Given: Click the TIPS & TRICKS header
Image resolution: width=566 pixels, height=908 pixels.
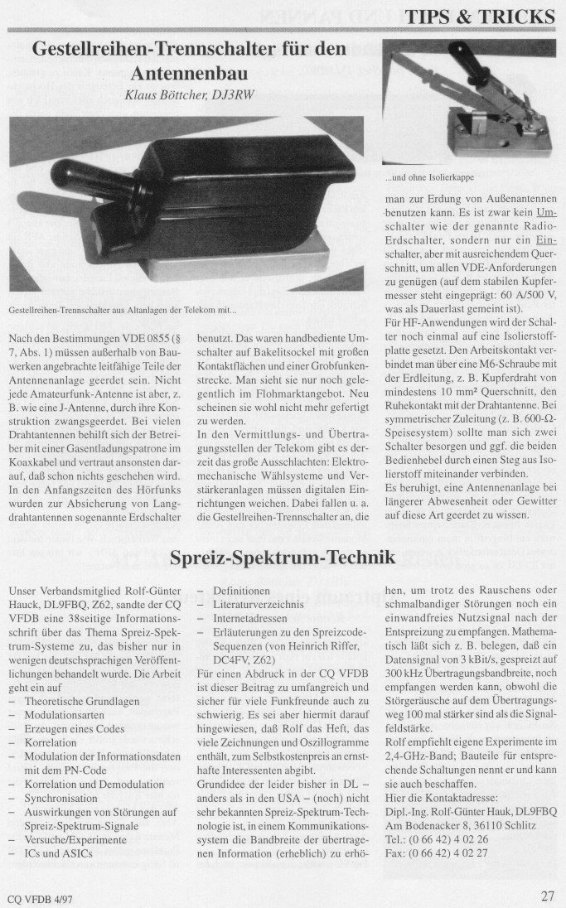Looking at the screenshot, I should coord(491,17).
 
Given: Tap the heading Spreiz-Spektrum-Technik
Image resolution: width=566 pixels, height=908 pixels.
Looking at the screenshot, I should coord(282,558).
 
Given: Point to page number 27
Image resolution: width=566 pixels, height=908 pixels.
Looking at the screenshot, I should coord(547,895).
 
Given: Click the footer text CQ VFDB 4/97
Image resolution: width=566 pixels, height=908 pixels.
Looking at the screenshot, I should coord(38,896).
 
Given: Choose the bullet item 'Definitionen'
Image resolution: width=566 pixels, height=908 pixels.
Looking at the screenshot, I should coord(241,592).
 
